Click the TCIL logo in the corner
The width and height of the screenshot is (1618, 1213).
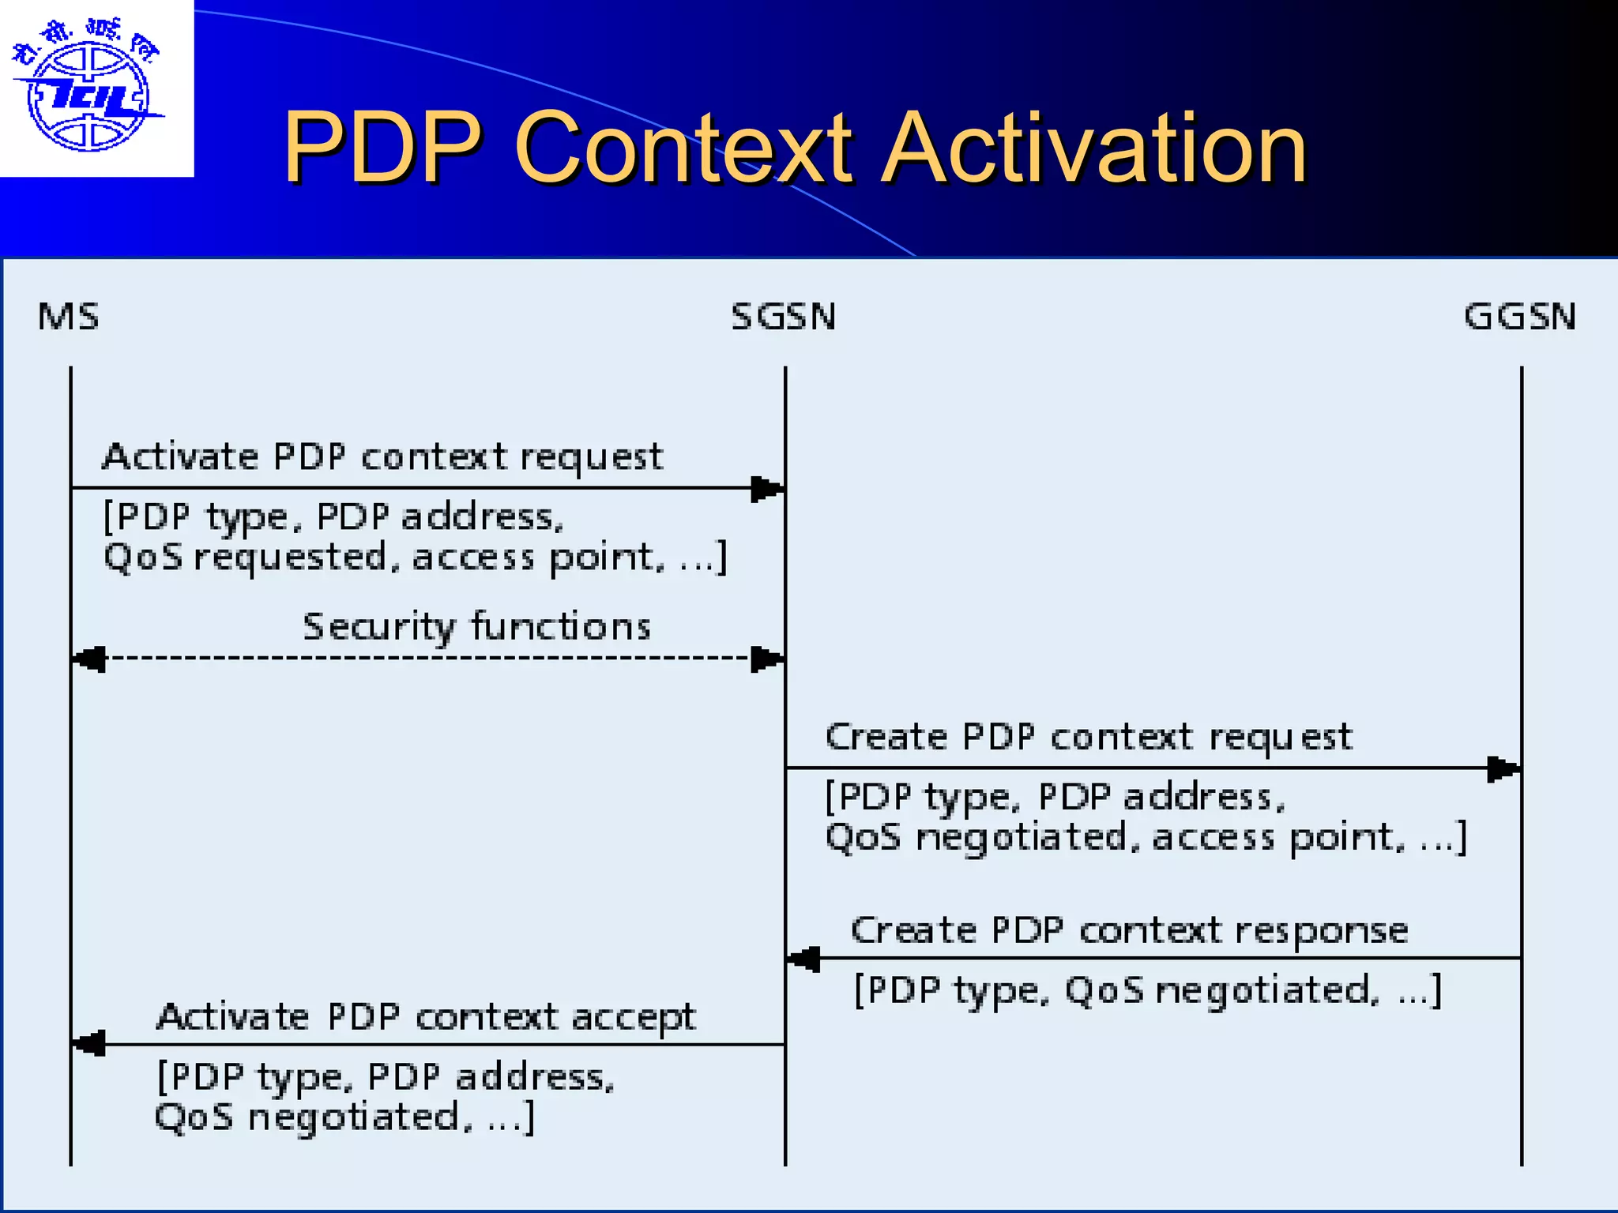[87, 87]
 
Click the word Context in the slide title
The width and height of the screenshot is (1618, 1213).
[683, 148]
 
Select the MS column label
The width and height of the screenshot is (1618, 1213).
[69, 317]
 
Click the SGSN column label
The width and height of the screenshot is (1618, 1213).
[783, 317]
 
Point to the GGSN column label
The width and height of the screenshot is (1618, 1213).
[1519, 317]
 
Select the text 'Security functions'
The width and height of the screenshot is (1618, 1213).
[476, 627]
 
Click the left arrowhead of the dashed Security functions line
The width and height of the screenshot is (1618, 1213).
[88, 659]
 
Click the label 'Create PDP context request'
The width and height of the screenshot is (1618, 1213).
[1089, 737]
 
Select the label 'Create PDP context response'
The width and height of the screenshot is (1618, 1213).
[1129, 930]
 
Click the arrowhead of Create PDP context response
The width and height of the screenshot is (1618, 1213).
[804, 960]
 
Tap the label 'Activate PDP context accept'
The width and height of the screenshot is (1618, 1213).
[426, 1017]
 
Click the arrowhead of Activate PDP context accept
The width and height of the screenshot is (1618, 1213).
[88, 1044]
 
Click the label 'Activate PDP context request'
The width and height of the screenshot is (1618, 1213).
[382, 457]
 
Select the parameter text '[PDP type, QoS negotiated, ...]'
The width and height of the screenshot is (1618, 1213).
[1148, 990]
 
